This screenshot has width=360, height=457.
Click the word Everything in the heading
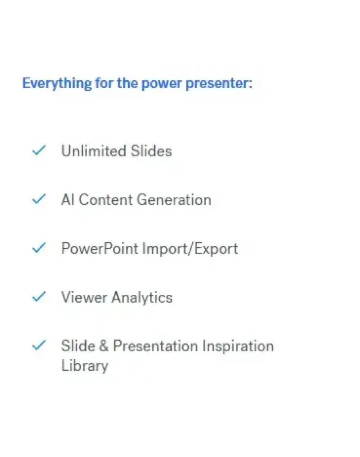click(57, 83)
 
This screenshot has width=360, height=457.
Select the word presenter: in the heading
click(219, 84)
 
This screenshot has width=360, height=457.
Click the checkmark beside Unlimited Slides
click(39, 150)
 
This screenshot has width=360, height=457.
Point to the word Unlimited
click(94, 151)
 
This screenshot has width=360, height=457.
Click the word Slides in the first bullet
click(151, 151)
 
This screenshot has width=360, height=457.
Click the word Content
click(106, 200)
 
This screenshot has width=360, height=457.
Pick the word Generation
click(174, 200)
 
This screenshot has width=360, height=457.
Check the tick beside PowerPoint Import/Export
click(39, 248)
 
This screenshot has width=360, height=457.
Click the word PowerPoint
click(100, 248)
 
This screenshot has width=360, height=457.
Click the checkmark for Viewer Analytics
click(39, 296)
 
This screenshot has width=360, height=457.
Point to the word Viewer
click(84, 297)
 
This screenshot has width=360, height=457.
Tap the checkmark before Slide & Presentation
click(39, 345)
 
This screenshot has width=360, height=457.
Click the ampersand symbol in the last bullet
click(104, 346)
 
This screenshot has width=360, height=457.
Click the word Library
click(85, 366)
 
